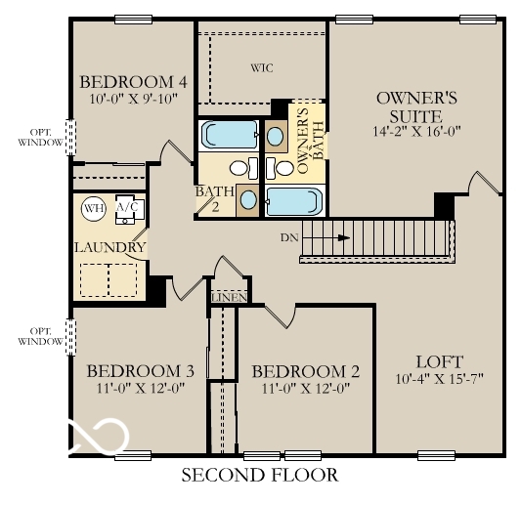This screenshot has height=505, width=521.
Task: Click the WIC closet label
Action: coord(261,68)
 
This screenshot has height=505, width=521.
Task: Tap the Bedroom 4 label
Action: coord(134,81)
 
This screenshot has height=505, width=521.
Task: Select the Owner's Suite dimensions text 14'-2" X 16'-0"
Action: coord(417,130)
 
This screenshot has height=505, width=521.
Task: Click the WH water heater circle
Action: coord(93,208)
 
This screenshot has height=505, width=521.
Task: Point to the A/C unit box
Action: coord(128,209)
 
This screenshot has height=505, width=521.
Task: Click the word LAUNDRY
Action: coord(110,247)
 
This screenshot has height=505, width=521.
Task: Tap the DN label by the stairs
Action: coord(286,237)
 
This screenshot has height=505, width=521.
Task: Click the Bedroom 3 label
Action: coord(141,371)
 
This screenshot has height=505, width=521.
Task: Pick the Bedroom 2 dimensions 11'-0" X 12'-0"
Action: coord(306,388)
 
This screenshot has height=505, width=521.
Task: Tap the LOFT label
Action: coord(439,360)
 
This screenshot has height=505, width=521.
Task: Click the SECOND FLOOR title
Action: coord(260,476)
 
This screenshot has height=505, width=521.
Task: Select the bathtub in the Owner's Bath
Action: coord(294,201)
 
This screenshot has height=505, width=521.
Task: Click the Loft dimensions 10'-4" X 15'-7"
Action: coord(440,378)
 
